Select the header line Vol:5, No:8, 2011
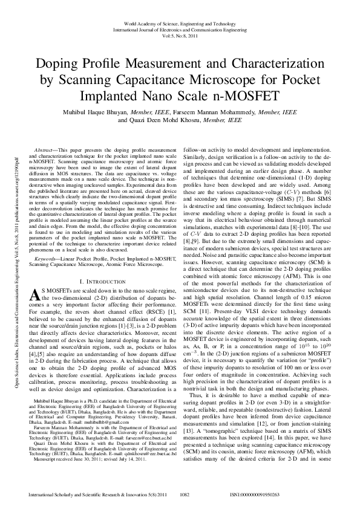180,36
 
